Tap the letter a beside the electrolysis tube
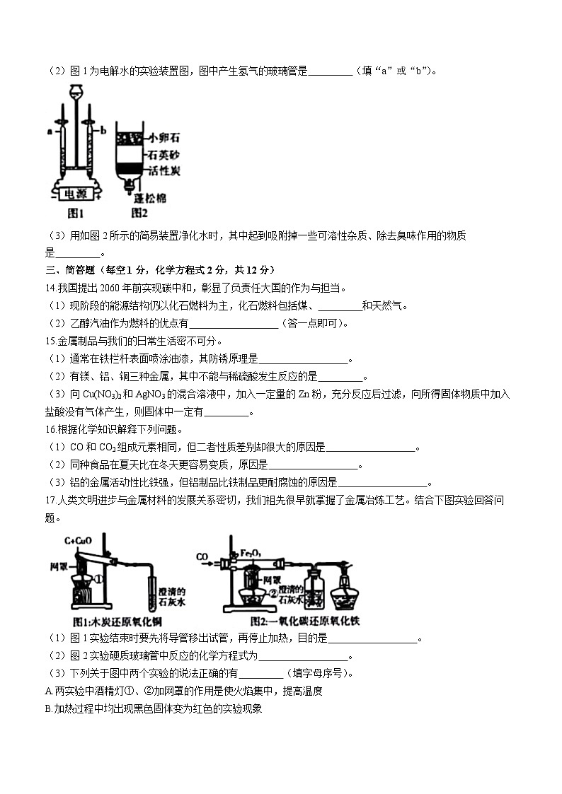click(50, 131)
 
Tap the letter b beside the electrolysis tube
click(103, 131)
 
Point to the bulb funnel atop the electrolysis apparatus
click(76, 92)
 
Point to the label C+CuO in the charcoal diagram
click(78, 541)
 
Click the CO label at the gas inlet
click(203, 558)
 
